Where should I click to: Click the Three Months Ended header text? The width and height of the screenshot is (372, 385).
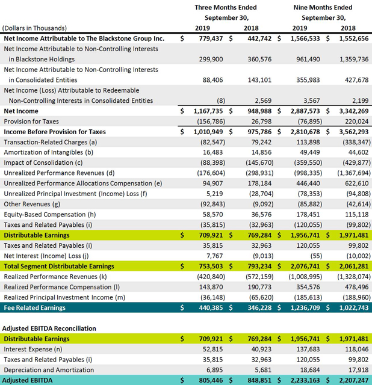(225, 7)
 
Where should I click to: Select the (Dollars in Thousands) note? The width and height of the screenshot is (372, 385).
(35, 28)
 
